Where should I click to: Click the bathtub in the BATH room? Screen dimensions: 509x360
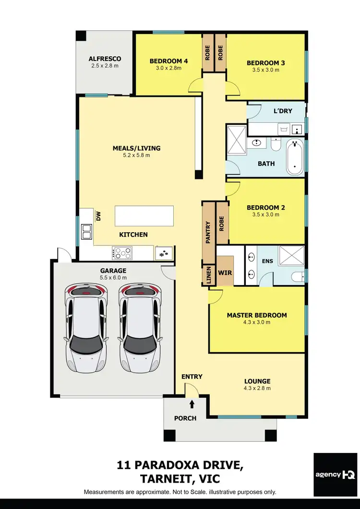coord(294,158)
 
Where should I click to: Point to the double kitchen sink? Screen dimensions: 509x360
coord(86,232)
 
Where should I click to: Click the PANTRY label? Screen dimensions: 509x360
coord(208,232)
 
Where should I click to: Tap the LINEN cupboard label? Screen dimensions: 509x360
coord(208,275)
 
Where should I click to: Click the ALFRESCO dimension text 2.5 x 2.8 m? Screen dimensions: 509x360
coord(105,66)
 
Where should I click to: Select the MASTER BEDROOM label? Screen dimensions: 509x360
coord(257,315)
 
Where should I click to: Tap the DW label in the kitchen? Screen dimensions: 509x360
coord(98,217)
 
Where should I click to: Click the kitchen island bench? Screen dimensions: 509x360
coord(144,216)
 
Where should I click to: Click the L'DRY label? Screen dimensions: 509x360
coord(283,111)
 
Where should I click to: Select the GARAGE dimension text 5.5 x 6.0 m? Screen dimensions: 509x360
coord(113,278)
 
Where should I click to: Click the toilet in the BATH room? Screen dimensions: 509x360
coord(276,144)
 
